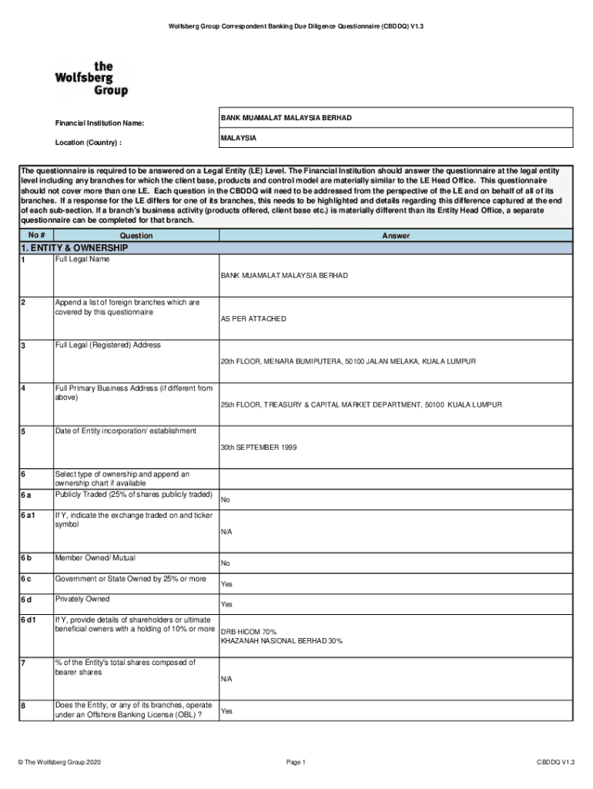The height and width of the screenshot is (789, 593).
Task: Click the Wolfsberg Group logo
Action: coord(91,79)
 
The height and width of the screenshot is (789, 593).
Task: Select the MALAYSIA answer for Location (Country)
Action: coord(239,138)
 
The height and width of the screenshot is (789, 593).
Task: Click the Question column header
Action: coord(136,236)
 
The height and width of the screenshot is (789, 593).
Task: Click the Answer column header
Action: coord(396,236)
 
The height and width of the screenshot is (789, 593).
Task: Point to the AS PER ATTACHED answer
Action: coord(253,318)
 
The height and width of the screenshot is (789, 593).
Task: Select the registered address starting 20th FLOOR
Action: coord(348,361)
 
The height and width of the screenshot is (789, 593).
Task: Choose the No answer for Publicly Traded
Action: coord(226,500)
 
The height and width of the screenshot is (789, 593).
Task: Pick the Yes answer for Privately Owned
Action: coord(226,605)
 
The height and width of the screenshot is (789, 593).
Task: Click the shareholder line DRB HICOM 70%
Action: coord(249,632)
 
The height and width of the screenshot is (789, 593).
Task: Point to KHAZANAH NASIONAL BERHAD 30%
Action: coord(282,641)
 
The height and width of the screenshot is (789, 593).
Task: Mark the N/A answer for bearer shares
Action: coord(226,679)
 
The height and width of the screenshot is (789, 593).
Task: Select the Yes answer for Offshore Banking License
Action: coord(226,711)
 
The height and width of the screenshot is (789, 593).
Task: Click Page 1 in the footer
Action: coord(296,762)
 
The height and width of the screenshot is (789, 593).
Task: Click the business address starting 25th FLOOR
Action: coord(361,405)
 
